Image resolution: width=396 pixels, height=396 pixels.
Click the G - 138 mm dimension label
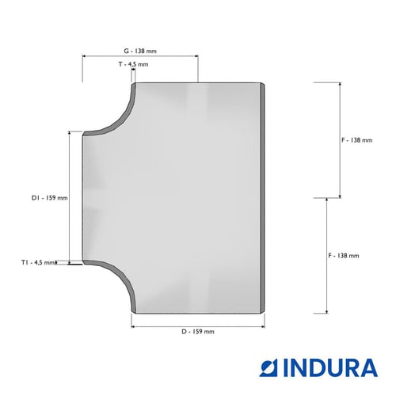(140, 51)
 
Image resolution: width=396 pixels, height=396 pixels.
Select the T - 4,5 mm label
(133, 64)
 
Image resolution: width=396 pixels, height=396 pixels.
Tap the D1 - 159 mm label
(50, 198)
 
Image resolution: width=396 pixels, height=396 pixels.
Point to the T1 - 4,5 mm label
(39, 262)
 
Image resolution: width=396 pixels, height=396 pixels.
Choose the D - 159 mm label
(198, 332)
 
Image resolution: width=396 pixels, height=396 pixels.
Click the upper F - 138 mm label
(357, 140)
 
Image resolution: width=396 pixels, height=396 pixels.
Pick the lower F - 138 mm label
(344, 256)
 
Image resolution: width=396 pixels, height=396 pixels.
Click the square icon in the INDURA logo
(268, 367)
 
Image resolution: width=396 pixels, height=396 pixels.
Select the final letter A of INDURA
(369, 367)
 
